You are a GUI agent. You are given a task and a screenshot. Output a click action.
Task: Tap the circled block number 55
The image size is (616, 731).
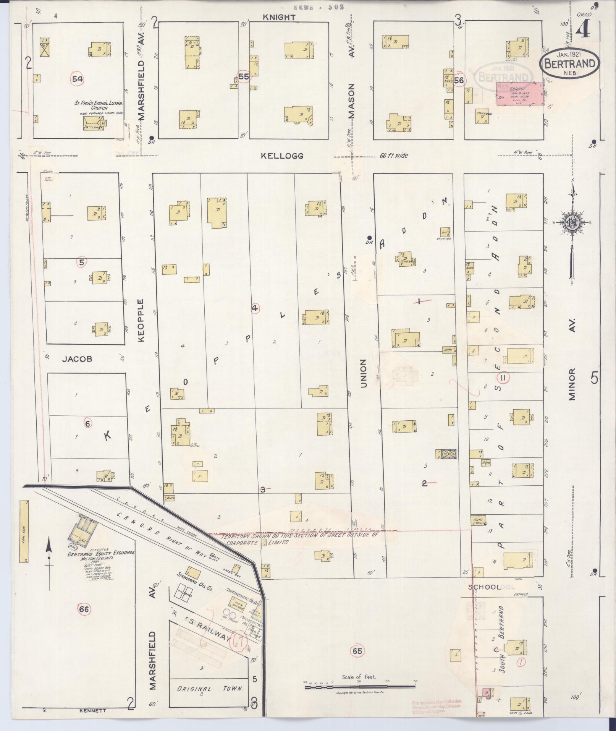click(244, 77)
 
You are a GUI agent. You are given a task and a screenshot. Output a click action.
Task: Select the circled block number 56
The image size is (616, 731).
click(459, 80)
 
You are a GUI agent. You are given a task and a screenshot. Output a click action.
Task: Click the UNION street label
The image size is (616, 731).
click(363, 373)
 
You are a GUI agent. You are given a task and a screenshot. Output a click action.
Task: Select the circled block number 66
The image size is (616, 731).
click(84, 609)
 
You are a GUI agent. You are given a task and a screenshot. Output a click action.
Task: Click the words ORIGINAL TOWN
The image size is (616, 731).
click(209, 689)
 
